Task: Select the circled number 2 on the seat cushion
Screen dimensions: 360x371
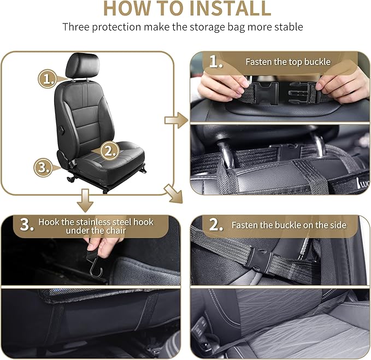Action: pos(109,151)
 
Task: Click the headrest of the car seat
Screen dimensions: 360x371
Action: pos(82,66)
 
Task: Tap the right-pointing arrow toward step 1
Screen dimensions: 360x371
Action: pos(176,120)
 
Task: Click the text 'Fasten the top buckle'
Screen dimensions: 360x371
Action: pos(287,62)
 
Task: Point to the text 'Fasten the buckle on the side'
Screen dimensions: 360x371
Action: pos(287,225)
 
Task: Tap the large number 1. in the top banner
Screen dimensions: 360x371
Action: pos(216,62)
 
